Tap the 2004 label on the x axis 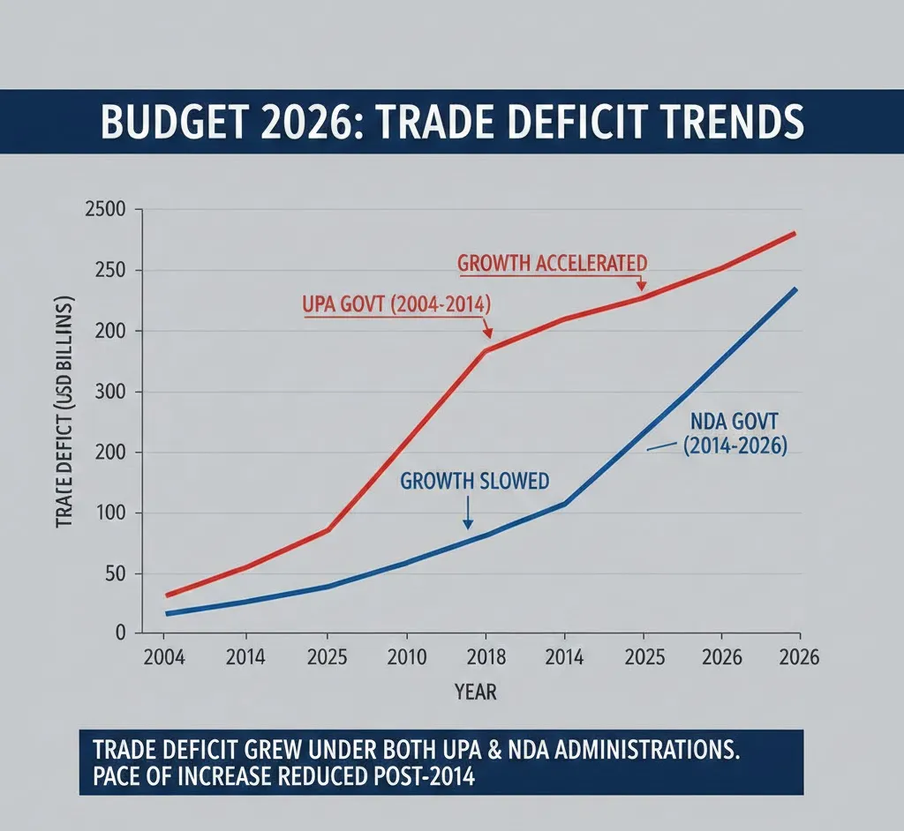(x=162, y=658)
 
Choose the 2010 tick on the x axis (x=406, y=658)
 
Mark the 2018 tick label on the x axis (x=485, y=658)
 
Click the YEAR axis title (x=476, y=692)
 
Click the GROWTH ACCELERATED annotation (x=553, y=262)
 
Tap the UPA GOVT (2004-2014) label (x=396, y=305)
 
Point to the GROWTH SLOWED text (x=474, y=481)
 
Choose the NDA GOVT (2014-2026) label (x=734, y=434)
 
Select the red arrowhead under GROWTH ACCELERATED (x=642, y=286)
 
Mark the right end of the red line (x=795, y=234)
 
